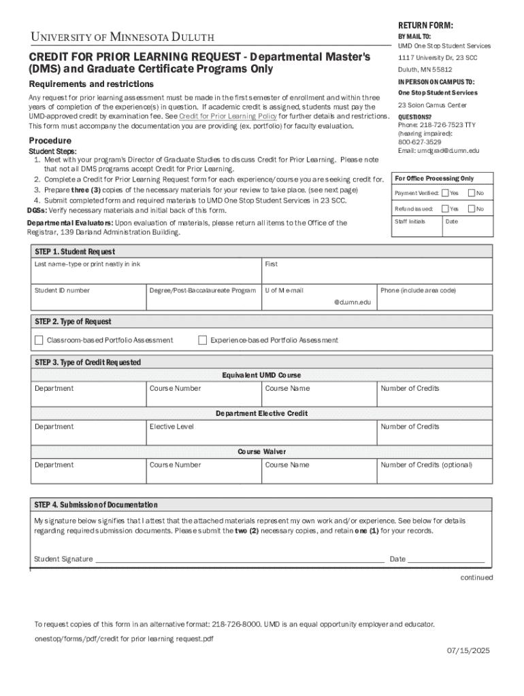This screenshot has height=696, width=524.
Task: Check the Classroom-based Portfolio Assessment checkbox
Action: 39,340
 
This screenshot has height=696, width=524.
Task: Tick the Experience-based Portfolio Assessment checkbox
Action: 202,340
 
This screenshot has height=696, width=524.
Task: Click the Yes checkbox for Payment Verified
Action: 445,194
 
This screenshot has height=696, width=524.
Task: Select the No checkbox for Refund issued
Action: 471,209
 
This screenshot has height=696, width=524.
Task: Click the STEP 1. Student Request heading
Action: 75,251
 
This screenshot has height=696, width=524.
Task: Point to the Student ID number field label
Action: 62,290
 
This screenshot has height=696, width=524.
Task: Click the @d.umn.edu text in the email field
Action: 352,302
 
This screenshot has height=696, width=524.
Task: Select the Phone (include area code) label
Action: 418,290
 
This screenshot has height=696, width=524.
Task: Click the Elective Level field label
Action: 171,427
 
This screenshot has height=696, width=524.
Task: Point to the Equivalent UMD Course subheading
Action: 261,375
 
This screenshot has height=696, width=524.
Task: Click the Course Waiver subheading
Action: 261,451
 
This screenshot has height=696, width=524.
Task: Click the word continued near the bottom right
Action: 476,578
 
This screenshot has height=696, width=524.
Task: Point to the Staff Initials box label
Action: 410,222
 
